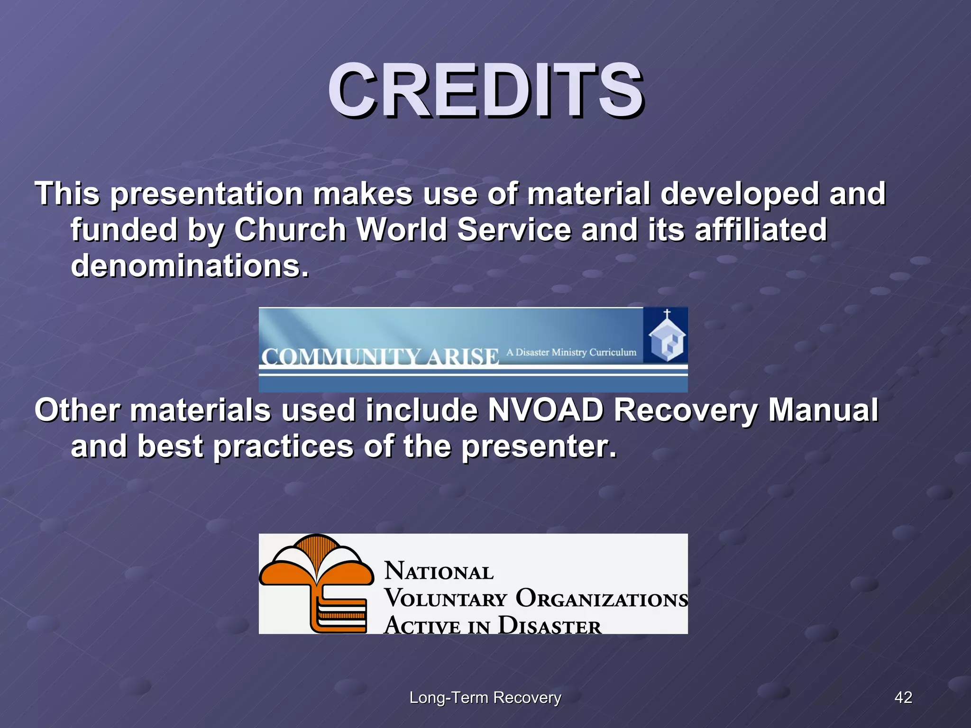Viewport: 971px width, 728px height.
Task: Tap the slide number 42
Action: (903, 697)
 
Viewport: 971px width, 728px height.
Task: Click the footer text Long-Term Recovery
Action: (485, 698)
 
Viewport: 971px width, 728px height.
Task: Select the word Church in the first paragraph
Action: (290, 230)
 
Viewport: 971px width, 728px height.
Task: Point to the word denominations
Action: (190, 266)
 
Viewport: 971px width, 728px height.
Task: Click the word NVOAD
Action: (545, 410)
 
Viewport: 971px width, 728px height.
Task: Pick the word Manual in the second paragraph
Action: (823, 410)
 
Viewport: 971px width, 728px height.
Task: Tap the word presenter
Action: (539, 446)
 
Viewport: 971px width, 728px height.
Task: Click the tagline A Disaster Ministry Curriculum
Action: (571, 352)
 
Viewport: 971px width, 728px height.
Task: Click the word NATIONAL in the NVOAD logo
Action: (439, 571)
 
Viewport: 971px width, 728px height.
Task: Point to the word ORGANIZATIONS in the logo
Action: (601, 599)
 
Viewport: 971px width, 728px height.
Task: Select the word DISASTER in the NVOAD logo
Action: (550, 626)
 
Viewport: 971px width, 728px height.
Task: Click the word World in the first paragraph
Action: (402, 230)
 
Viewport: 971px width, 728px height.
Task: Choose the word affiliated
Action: (760, 230)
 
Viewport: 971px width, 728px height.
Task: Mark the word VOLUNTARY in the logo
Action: (446, 599)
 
